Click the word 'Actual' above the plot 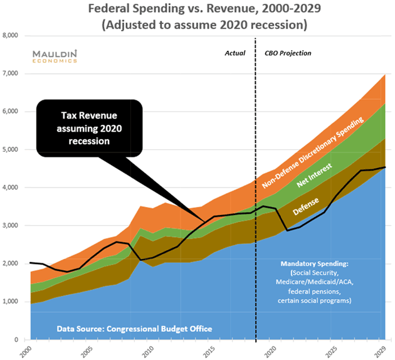(x=235, y=53)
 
